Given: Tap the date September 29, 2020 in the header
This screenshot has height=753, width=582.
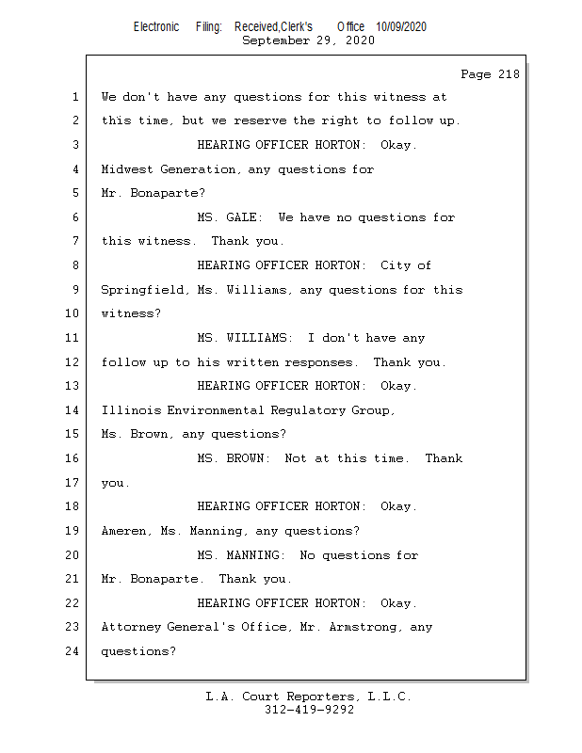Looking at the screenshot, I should [x=308, y=40].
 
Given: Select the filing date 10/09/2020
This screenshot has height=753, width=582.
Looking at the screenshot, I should [x=400, y=27].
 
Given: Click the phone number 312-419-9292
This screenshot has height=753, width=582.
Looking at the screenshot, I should [x=309, y=710].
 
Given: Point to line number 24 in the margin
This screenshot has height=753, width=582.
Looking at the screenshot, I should [x=74, y=650].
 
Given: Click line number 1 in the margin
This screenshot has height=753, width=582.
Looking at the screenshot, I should [x=74, y=97].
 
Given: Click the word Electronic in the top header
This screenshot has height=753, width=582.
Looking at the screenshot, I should [x=156, y=27].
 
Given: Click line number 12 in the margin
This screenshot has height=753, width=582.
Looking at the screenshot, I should [x=74, y=362].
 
